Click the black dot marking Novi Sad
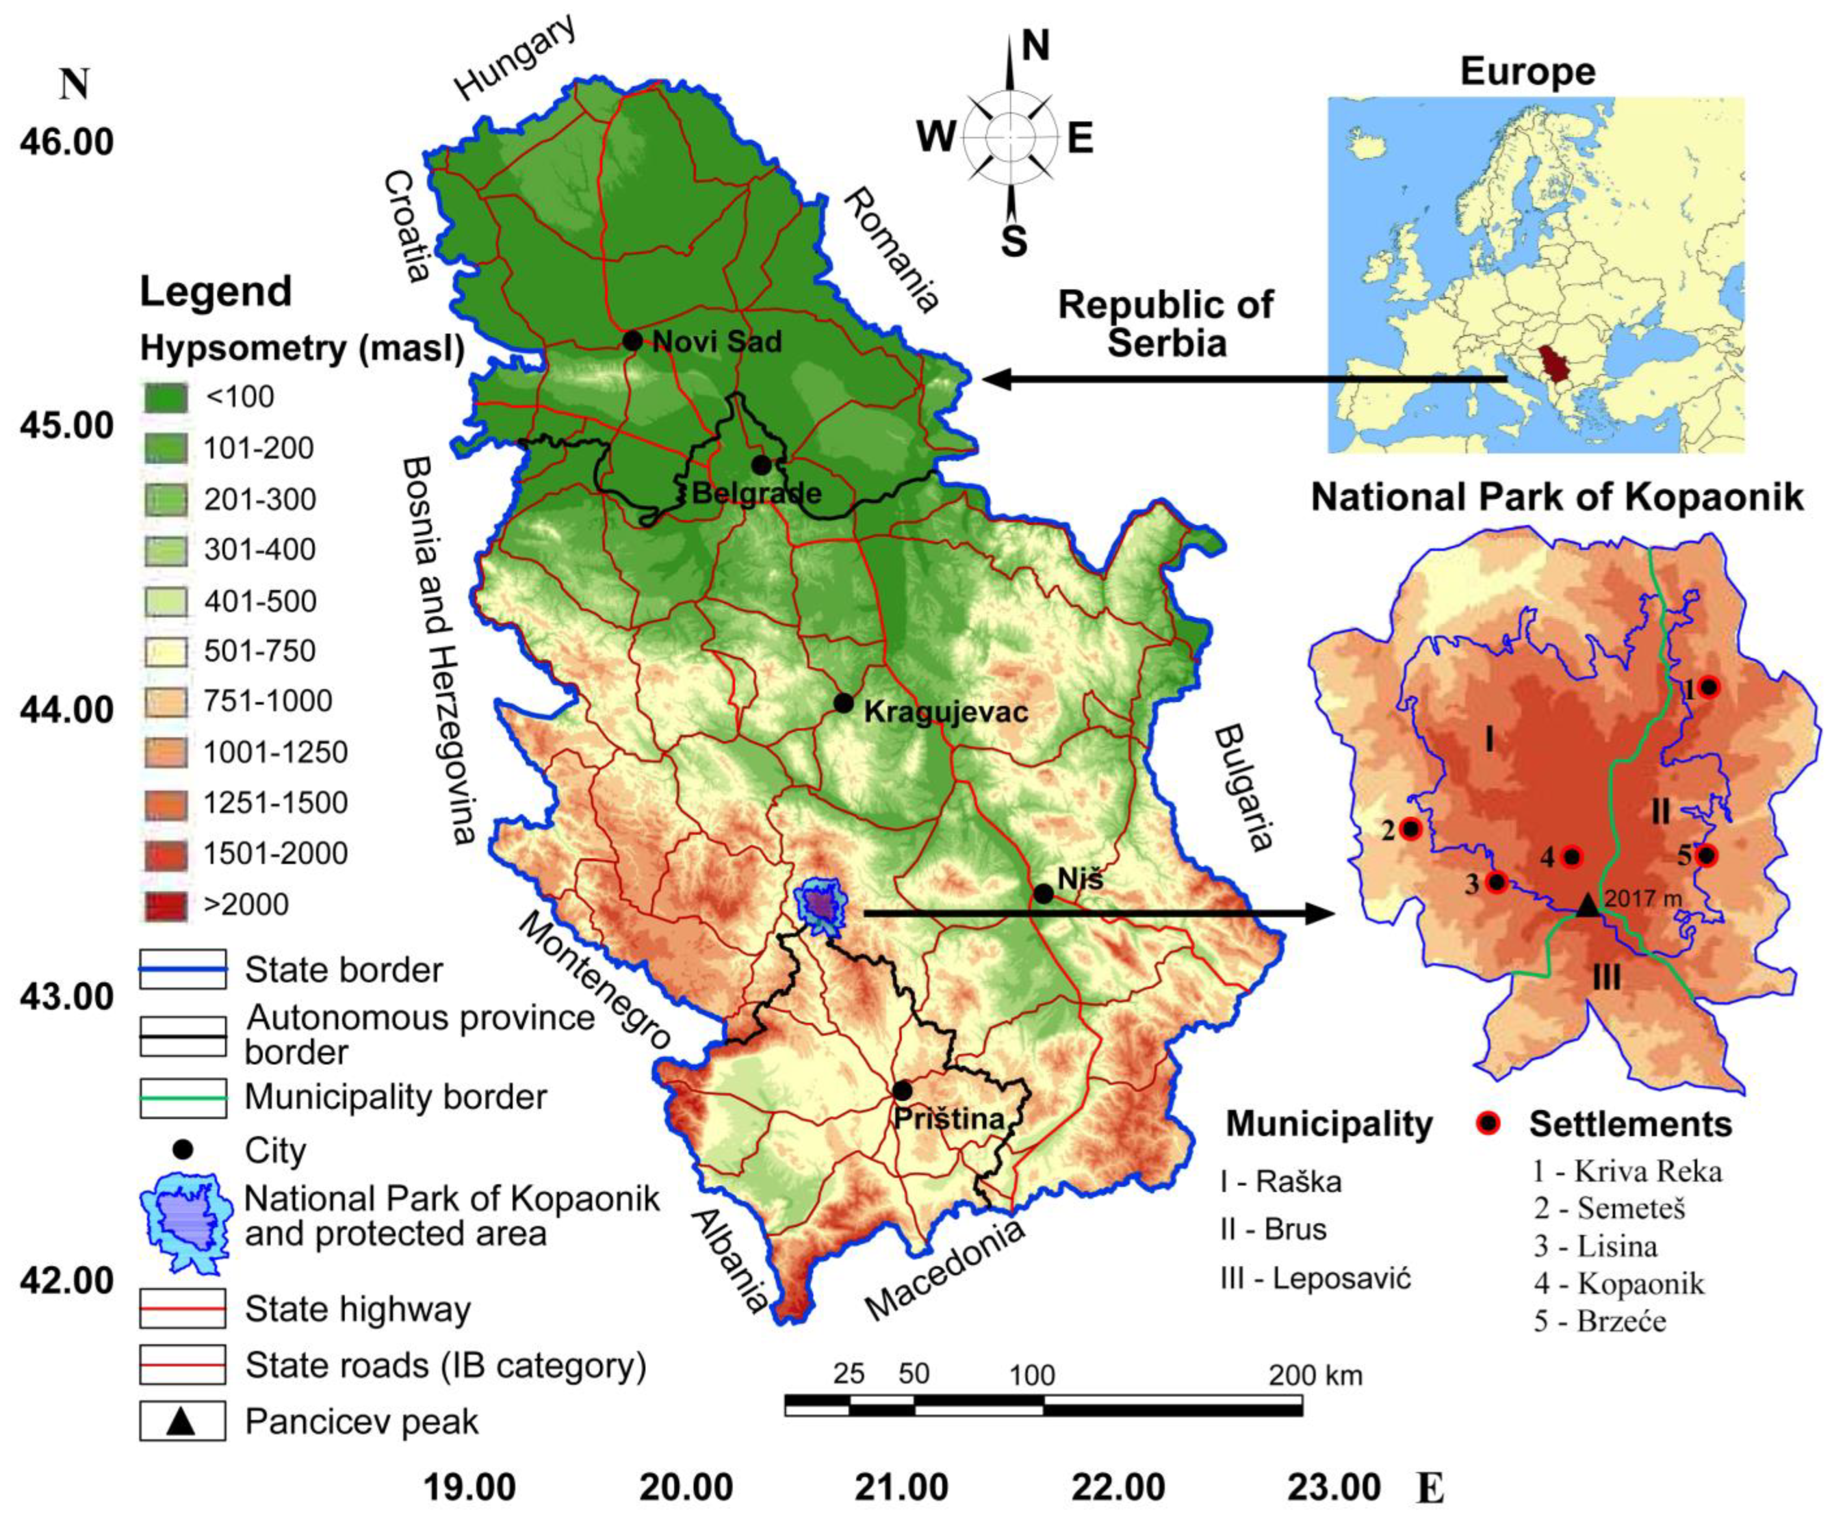coord(632,340)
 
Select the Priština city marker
coord(902,1091)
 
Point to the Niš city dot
coord(1043,893)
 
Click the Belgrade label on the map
coord(756,493)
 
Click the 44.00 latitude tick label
coord(67,711)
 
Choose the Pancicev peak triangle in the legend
coord(181,1421)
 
